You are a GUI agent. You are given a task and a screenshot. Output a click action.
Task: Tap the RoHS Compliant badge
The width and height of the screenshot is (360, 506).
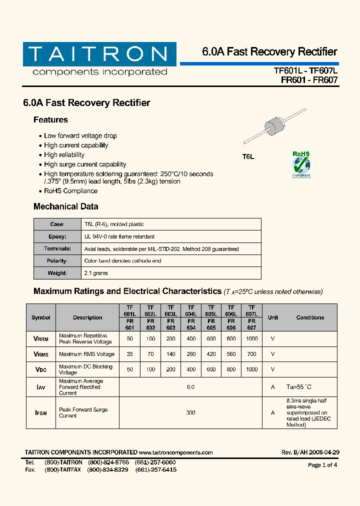pos(301,164)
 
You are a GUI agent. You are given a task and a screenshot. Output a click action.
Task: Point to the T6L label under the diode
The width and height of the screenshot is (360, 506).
pos(248,157)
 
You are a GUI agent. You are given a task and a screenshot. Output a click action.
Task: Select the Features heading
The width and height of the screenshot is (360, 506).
pos(50,120)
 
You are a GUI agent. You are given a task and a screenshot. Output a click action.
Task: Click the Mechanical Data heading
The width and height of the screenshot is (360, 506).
pos(65,206)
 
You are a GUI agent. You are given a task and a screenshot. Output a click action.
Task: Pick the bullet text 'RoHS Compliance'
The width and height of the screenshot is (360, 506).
pos(70,191)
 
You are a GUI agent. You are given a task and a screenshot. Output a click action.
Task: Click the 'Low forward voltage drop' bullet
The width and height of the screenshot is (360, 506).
pos(80,135)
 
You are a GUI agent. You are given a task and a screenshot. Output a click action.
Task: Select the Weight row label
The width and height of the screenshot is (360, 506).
pos(57,273)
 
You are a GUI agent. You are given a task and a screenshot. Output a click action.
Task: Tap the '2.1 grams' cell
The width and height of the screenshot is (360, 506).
pos(96,273)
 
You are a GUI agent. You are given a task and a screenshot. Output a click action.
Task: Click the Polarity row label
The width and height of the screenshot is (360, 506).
pos(57,261)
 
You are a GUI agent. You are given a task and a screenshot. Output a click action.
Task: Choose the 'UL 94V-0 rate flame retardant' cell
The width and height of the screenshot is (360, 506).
pos(119,236)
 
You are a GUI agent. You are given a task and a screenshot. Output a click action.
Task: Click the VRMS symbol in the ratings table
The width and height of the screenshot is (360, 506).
pos(41,354)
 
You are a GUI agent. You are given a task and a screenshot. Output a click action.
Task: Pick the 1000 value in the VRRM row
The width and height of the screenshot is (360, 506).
pos(251,338)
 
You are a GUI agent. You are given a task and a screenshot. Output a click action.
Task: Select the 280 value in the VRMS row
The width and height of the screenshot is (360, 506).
pos(191,354)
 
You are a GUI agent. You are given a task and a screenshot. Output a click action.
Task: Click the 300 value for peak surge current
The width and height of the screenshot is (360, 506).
pos(191,412)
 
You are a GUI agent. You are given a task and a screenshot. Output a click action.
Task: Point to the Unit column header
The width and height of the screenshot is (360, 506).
pos(273,317)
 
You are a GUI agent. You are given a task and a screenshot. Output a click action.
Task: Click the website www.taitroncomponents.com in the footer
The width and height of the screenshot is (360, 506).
pos(176,452)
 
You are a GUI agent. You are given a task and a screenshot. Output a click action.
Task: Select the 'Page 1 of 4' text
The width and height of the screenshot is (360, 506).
pos(322,465)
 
